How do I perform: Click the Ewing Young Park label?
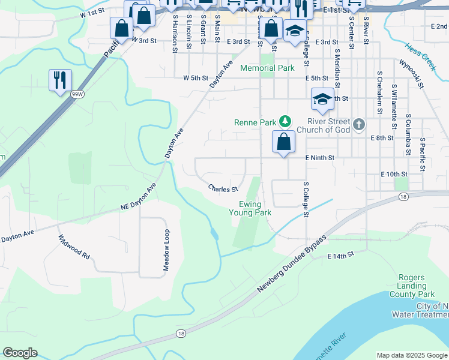click(x=250, y=208)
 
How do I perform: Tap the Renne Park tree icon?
click(x=286, y=123)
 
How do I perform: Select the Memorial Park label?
click(x=267, y=68)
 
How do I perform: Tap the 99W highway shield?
click(x=77, y=94)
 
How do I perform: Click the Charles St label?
click(x=223, y=189)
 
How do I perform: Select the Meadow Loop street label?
click(x=167, y=250)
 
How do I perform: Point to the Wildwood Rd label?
click(x=74, y=247)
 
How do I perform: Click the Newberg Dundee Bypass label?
click(x=292, y=263)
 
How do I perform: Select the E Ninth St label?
click(x=319, y=158)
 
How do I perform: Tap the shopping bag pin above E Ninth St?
click(x=284, y=142)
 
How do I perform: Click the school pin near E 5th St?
click(x=322, y=100)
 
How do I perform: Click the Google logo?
click(x=20, y=353)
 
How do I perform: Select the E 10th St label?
click(x=394, y=174)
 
